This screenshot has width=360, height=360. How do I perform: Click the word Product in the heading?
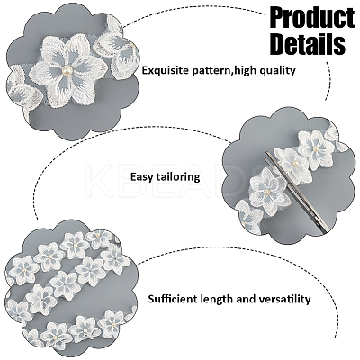pyautogui.click(x=312, y=18)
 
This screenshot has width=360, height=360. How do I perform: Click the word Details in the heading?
pyautogui.click(x=308, y=44)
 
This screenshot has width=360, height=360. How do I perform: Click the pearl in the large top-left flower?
pyautogui.click(x=67, y=71)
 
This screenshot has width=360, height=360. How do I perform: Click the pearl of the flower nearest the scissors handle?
pyautogui.click(x=267, y=193)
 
